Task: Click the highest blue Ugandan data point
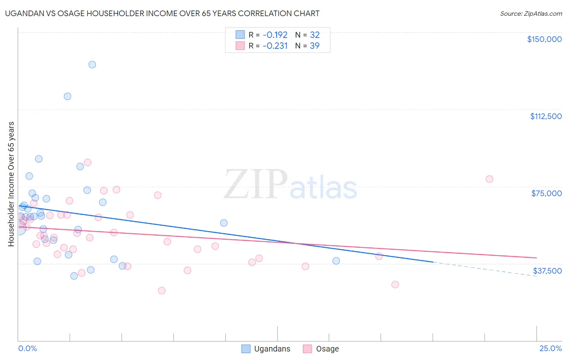coord(92,65)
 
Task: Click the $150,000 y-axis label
coord(544,39)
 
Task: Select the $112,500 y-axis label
coord(546,116)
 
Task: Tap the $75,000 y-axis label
coord(546,193)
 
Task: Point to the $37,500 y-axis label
coord(547,271)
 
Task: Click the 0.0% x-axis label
coord(27,349)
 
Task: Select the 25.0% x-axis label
coord(550,349)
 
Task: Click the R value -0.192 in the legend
coord(275,35)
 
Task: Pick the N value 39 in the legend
coord(315,46)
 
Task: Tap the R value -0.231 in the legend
coord(275,46)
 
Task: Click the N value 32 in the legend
coord(315,35)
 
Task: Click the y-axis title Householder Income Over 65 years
coord(11,184)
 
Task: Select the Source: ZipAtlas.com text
coord(531,14)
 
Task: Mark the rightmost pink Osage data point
coord(489,179)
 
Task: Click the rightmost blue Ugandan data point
coord(336,261)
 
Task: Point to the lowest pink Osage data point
coord(162,291)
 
